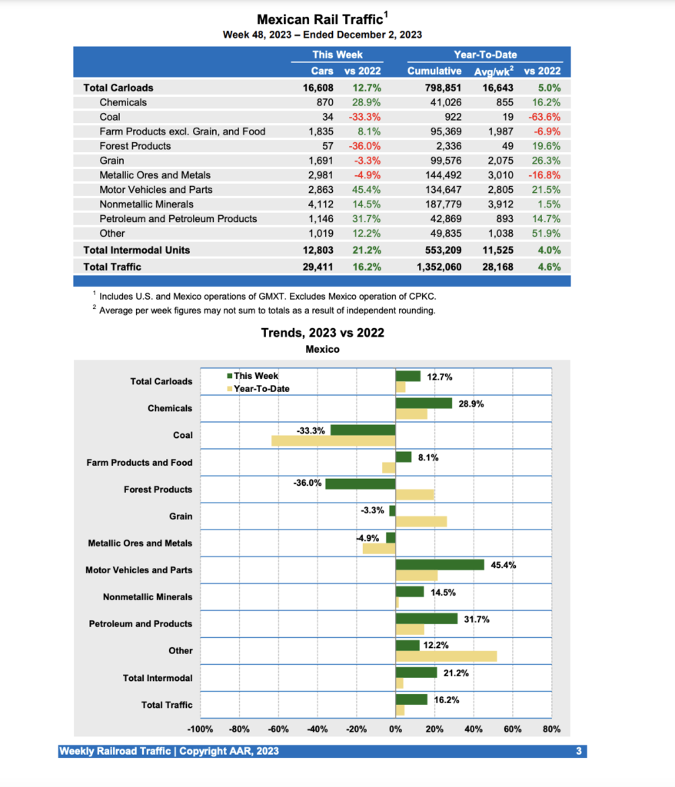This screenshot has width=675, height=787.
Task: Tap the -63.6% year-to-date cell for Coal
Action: (543, 117)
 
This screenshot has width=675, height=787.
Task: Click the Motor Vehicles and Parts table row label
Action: (156, 190)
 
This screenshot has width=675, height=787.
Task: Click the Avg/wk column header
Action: (494, 71)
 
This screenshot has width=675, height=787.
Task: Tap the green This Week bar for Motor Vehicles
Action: (440, 565)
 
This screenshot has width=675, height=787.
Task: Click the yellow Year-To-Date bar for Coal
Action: (333, 441)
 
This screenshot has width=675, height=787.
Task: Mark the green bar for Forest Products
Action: (360, 484)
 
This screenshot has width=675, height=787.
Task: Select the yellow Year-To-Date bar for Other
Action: (446, 656)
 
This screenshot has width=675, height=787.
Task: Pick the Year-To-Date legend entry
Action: (258, 389)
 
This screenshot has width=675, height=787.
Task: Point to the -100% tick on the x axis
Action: (200, 729)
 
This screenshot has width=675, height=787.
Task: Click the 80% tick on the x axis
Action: (551, 729)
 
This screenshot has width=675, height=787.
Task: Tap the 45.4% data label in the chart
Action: (504, 565)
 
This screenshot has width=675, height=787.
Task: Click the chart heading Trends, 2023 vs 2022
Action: (322, 333)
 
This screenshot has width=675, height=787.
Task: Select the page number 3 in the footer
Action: (579, 751)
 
